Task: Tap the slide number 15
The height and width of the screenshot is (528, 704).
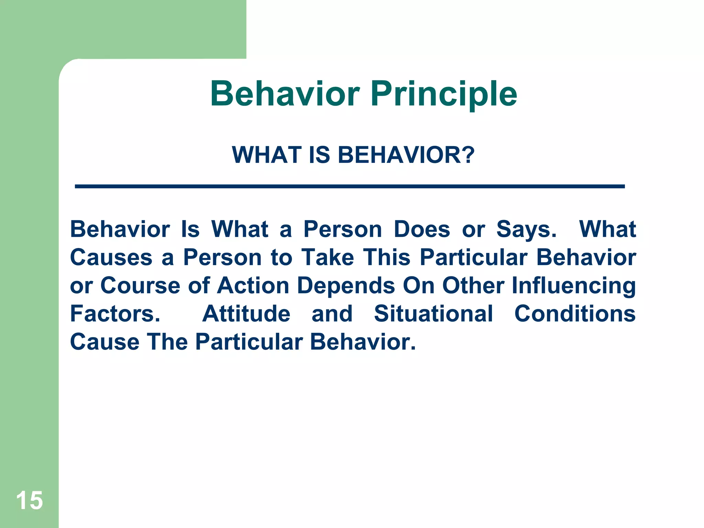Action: tap(29, 500)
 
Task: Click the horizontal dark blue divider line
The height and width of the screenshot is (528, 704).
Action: tap(350, 186)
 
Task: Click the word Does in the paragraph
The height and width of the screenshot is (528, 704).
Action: tap(421, 229)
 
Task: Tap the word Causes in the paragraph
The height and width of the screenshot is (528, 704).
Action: tap(111, 257)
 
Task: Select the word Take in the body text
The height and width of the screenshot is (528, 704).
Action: tap(328, 257)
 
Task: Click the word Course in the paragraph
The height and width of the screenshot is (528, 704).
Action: tap(140, 286)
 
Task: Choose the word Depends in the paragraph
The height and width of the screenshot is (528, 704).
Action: tap(346, 286)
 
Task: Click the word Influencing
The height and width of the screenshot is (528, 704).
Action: tap(573, 286)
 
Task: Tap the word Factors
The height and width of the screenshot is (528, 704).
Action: tap(115, 314)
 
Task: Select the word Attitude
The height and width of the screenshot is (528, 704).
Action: tap(246, 314)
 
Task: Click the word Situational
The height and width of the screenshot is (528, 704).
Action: tap(433, 314)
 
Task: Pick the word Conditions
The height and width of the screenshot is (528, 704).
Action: tap(575, 314)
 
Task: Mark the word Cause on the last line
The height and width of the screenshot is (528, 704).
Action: tap(104, 342)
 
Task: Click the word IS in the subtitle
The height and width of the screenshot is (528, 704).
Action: tap(319, 155)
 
